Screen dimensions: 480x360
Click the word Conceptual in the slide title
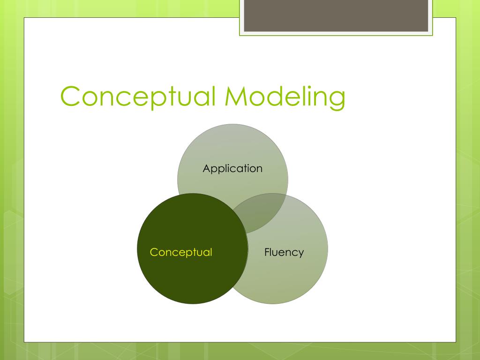138,96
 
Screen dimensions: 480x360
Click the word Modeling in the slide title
285,96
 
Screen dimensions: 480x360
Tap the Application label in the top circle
232,169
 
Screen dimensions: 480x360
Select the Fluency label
284,252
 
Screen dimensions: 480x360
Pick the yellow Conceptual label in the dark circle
181,252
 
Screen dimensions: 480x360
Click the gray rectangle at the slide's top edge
336,16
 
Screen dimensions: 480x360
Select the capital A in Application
206,169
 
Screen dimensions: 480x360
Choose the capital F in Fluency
267,252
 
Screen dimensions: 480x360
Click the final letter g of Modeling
336,99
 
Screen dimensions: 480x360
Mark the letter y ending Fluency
300,254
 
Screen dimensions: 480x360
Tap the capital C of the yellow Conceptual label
154,252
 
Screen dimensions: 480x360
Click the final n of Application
259,169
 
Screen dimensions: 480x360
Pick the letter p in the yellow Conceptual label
190,254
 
